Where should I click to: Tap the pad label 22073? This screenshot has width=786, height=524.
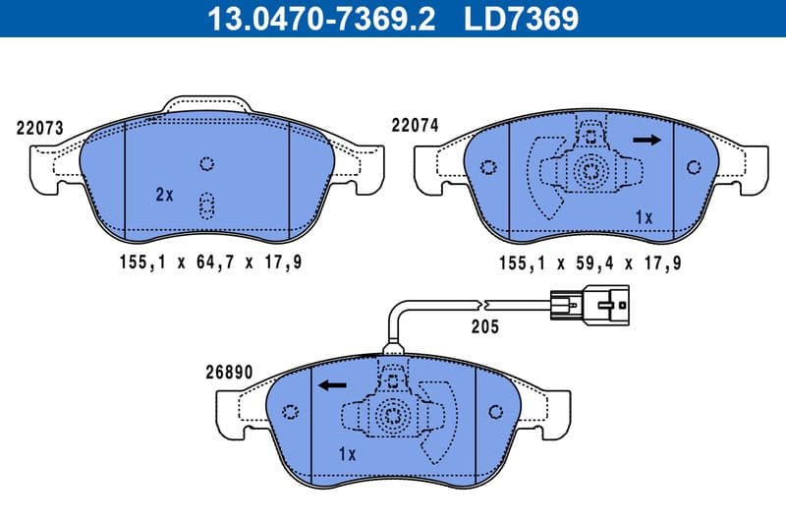point(40,128)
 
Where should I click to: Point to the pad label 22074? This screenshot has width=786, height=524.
point(415,126)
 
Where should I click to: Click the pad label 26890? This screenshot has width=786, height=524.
point(230,374)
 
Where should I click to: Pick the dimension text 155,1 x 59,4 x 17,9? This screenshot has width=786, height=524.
point(589,262)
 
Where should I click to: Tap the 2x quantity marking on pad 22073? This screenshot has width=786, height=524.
point(164,195)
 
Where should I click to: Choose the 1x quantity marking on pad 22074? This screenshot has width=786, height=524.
point(644,216)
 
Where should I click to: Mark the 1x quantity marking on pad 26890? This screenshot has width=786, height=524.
point(346,454)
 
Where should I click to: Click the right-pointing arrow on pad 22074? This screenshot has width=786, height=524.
point(647,141)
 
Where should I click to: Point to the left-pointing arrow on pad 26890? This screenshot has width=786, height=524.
point(330,386)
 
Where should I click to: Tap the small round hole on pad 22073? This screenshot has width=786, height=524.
point(206,163)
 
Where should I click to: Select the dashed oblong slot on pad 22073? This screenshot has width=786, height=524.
point(206,204)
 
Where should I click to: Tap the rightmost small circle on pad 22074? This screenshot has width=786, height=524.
point(696,166)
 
